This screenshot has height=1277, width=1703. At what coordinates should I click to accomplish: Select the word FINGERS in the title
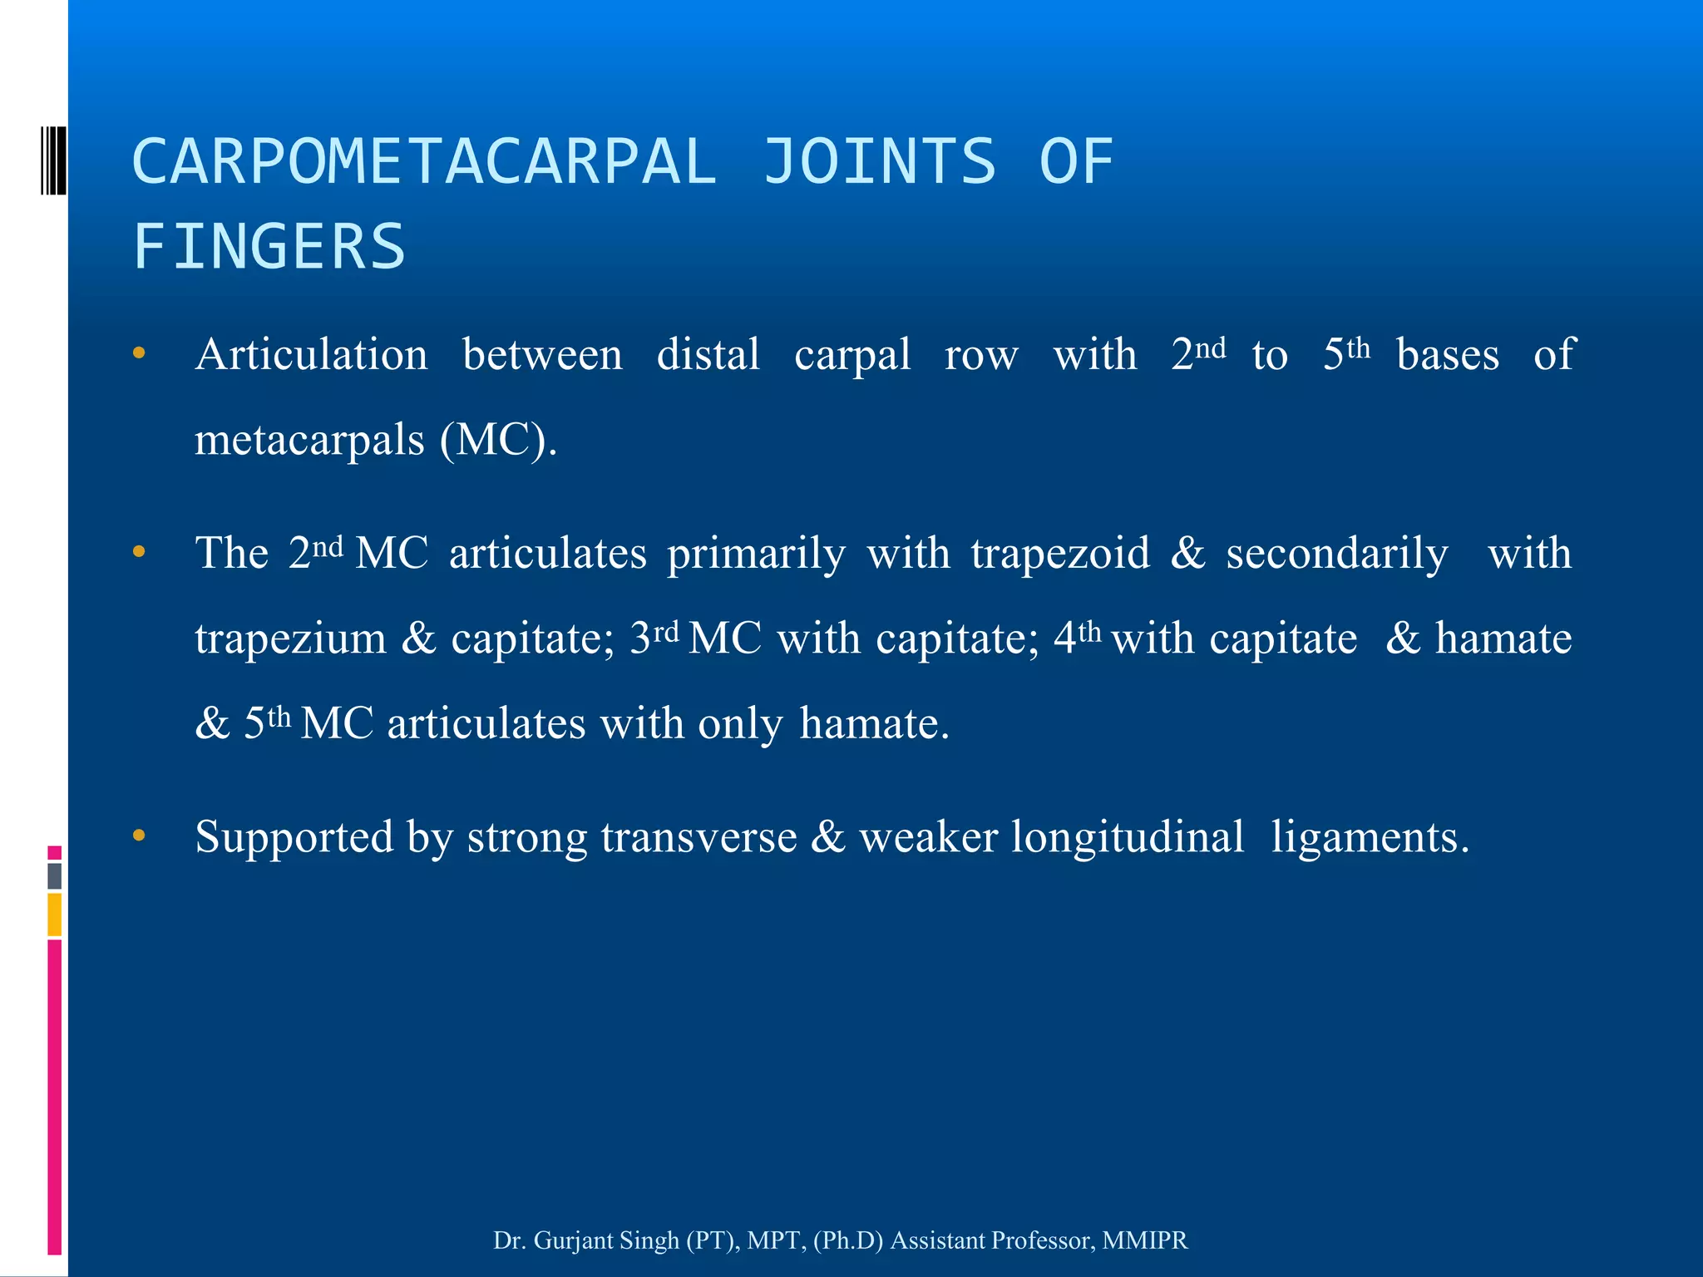(x=269, y=247)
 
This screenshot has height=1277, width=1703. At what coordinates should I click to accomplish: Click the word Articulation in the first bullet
(x=312, y=355)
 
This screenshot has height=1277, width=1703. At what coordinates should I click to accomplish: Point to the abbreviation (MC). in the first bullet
(x=498, y=440)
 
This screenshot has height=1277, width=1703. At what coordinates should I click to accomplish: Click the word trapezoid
(x=1060, y=554)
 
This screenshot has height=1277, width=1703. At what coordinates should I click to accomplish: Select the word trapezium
(x=291, y=639)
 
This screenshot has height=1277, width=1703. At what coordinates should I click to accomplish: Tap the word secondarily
(x=1337, y=554)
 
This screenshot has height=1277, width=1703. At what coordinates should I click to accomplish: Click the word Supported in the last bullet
(x=294, y=837)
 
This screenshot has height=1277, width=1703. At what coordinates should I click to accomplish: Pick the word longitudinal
(x=1128, y=837)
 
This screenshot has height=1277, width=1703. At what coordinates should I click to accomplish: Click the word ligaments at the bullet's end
(x=1370, y=837)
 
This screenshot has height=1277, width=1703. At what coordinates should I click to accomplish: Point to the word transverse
(x=698, y=837)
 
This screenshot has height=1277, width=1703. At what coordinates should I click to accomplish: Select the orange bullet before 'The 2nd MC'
(x=139, y=551)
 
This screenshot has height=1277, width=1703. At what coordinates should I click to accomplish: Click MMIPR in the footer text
(x=1145, y=1240)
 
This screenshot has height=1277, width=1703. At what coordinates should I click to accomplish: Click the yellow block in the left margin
(x=54, y=915)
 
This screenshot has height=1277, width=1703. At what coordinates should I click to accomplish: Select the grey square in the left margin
(x=54, y=875)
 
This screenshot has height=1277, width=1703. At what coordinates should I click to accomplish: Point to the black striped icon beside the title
(x=53, y=160)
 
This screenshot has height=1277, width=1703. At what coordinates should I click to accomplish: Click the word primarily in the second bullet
(x=756, y=554)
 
